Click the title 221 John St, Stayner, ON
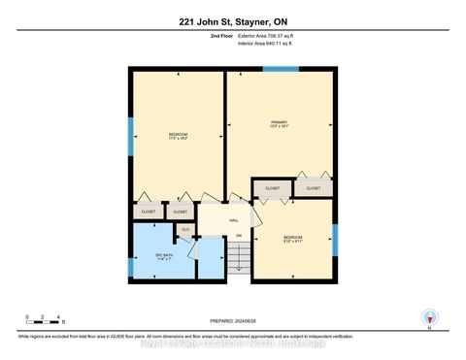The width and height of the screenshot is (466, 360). pos(233,21)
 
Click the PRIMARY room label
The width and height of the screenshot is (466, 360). pos(280,123)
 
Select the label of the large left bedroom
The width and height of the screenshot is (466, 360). pos(179,137)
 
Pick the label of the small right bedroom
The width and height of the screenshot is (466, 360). pos(293,238)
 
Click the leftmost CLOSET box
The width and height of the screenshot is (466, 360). pos(148,211)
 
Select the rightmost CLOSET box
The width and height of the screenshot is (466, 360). pos(314,188)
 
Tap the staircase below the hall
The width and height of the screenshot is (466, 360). pos(240,257)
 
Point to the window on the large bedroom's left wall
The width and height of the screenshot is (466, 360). pos(131,137)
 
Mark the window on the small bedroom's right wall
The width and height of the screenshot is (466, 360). pos(334,238)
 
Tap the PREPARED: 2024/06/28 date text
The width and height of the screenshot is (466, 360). pos(233,322)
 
